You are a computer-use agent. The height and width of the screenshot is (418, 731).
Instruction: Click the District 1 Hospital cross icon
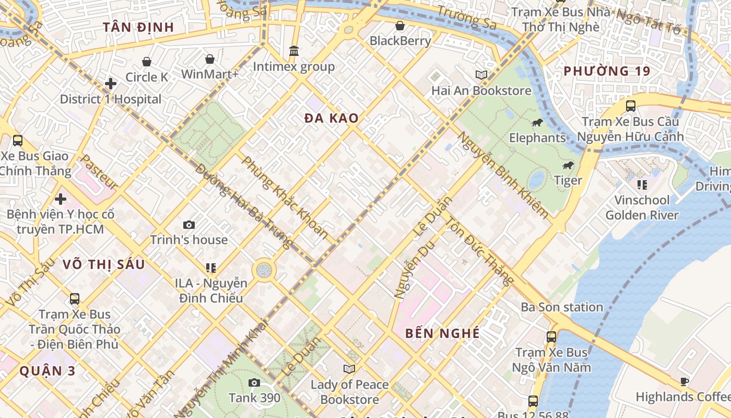point(111,84)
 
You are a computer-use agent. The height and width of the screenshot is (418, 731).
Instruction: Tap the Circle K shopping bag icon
point(147,62)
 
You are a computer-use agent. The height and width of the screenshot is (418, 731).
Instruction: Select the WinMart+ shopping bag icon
point(209,59)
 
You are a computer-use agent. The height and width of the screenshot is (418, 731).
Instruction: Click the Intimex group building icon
point(294,51)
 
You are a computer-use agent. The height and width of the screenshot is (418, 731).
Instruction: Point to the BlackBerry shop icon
point(400,25)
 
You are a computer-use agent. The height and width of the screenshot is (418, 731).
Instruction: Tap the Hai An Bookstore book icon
point(481,75)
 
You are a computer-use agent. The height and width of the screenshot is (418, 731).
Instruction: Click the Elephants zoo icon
point(537,123)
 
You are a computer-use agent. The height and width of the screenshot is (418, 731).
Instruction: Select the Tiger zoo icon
point(568,166)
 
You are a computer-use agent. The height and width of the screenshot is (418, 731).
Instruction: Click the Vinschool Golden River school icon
point(642,184)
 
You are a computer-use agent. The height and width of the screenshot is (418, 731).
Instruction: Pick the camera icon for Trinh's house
point(189,225)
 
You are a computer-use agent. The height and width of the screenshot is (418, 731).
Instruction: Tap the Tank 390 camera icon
point(254,382)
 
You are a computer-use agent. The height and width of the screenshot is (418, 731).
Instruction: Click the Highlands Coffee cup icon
point(685,381)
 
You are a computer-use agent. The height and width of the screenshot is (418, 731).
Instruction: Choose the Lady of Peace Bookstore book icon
point(349,369)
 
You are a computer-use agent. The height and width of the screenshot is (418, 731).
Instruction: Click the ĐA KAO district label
point(332,119)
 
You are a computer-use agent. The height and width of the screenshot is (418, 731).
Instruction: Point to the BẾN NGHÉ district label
point(442,333)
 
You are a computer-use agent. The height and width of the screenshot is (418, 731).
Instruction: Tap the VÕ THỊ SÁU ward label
point(103,264)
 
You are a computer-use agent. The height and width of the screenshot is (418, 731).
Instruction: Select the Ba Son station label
point(562,307)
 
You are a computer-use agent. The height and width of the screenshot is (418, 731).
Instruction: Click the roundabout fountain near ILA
point(264,271)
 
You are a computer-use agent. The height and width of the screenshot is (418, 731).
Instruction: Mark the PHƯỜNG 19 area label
point(607,71)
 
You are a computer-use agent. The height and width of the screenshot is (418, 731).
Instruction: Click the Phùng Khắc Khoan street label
point(285,198)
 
